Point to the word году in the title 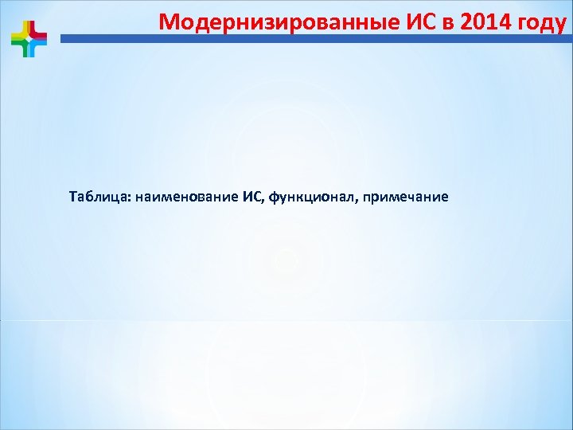542,21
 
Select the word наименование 188,196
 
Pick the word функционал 311,196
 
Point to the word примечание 405,196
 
